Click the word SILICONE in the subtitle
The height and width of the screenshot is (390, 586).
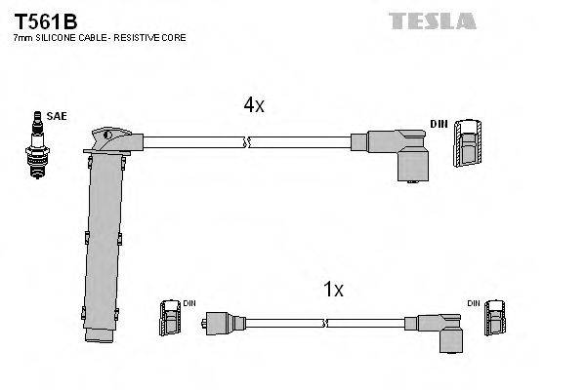coord(63,37)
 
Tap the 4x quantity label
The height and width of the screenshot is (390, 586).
coord(253,105)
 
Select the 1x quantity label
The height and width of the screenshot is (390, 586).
coord(333,290)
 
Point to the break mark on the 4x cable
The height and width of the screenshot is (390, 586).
coord(250,142)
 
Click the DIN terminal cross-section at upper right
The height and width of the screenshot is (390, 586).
coord(468,145)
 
